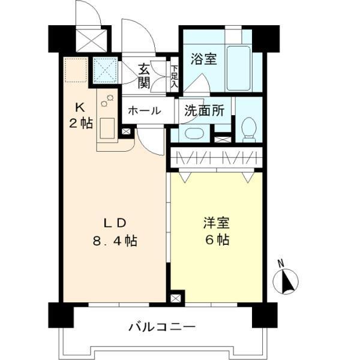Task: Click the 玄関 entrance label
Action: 143,76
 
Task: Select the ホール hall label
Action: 143,110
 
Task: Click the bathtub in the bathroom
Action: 238,68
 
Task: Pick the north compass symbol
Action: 286,281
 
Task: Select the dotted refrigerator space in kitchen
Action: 76,71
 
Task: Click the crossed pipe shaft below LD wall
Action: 176,298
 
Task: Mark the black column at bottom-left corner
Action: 60,314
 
